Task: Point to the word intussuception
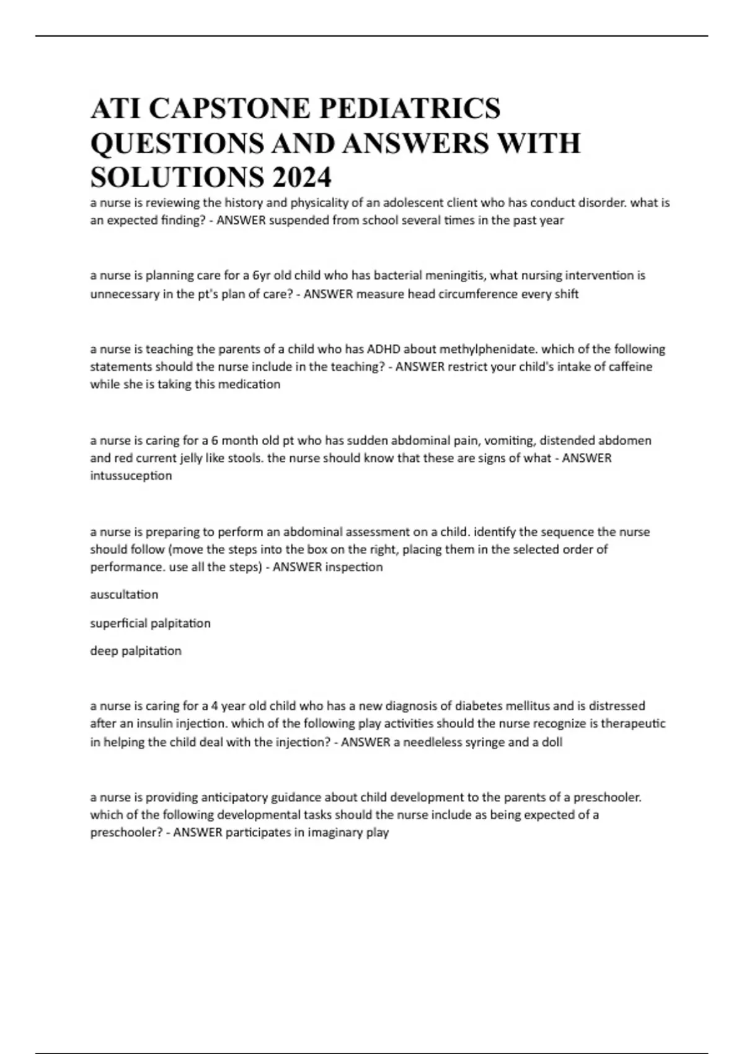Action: (131, 476)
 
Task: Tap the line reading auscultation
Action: (124, 595)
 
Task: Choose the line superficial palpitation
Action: (150, 623)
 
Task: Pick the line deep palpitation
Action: (136, 651)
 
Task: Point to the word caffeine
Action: (627, 366)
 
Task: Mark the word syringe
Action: (485, 742)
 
